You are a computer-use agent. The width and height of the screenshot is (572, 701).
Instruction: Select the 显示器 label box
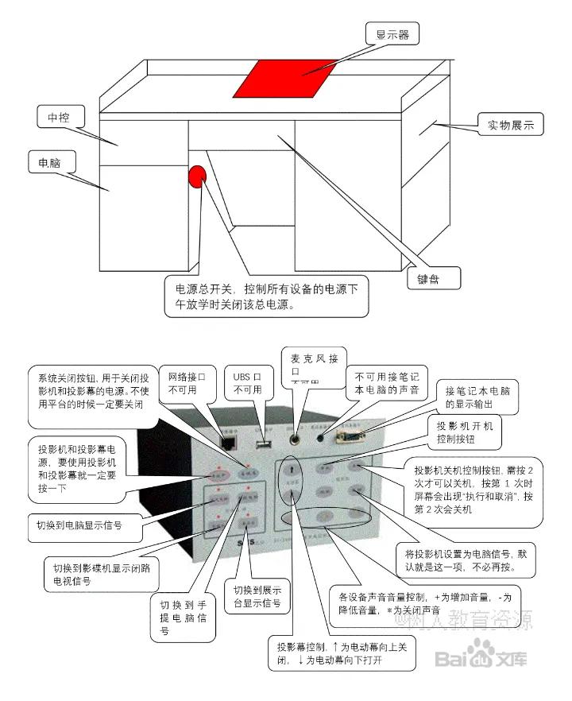pos(392,34)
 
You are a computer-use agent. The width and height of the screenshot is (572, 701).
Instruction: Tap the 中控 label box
pos(60,118)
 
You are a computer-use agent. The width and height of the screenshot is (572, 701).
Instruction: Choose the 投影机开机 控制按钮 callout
pos(465,432)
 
